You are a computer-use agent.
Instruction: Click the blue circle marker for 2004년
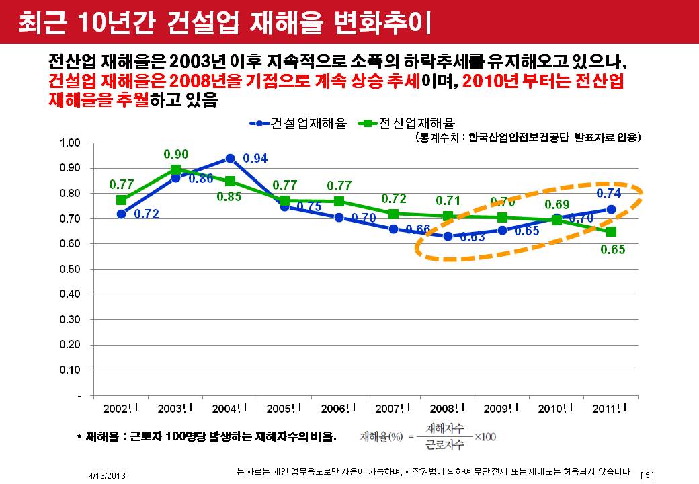point(230,159)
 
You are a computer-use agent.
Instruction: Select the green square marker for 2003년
point(175,169)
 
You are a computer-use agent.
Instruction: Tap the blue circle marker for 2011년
point(611,209)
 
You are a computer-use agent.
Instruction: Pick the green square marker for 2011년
point(611,232)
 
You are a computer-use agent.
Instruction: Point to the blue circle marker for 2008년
point(448,236)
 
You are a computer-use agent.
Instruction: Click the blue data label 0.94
point(255,159)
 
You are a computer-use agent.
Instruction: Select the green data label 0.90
point(176,154)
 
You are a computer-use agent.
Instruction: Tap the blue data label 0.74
point(609,193)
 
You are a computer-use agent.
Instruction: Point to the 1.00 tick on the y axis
point(70,143)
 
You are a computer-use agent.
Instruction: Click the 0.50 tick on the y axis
point(70,269)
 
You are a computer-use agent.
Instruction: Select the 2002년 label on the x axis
point(121,409)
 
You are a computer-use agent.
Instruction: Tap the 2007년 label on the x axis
point(393,409)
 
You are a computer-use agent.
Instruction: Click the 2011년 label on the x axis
point(611,409)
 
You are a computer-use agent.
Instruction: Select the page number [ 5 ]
point(648,475)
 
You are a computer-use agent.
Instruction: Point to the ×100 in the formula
point(485,437)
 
